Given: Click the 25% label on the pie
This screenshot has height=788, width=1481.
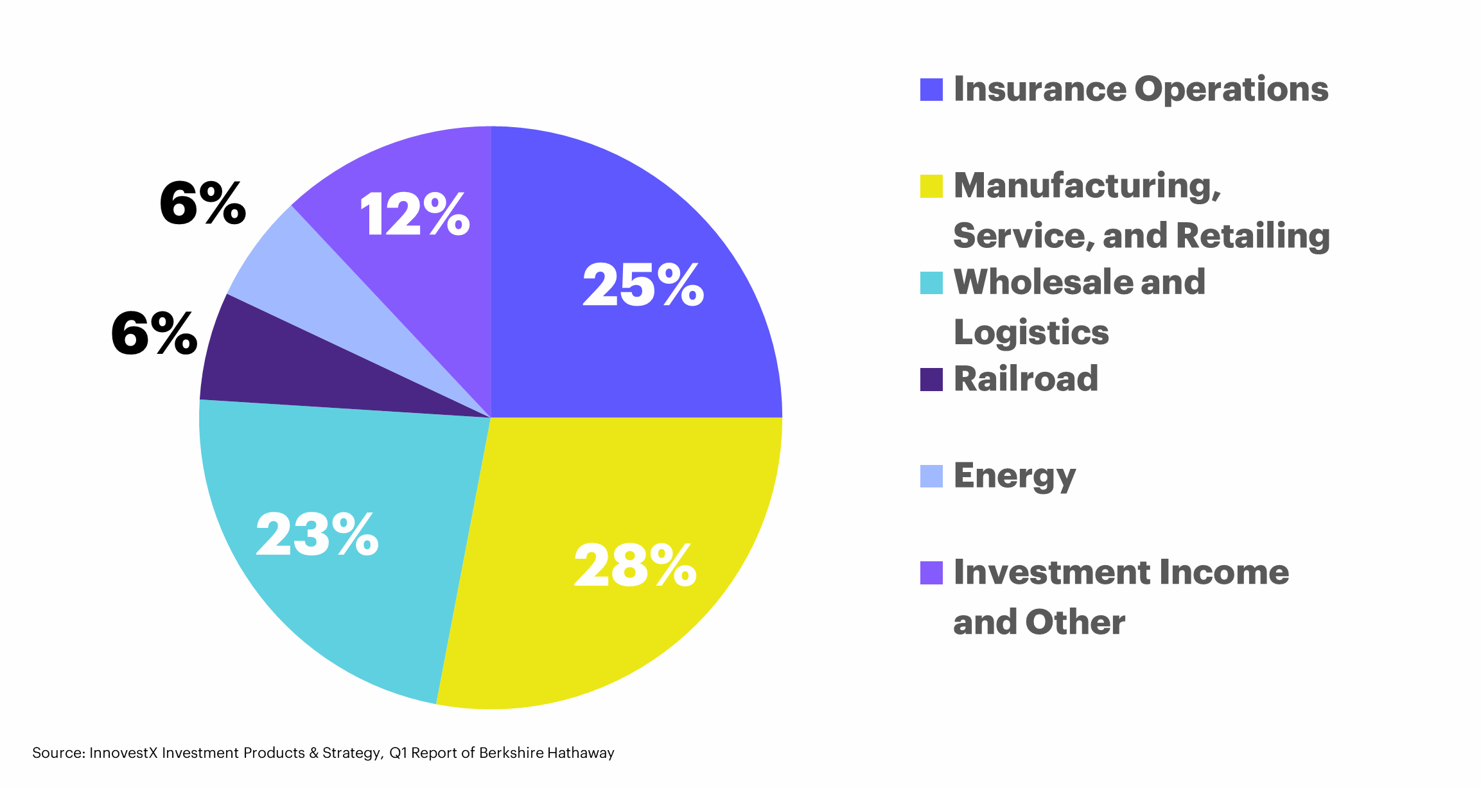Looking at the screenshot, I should tap(643, 285).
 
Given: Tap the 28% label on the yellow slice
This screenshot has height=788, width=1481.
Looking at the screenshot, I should tap(635, 565).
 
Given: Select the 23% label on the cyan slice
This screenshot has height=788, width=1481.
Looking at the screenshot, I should tap(317, 534).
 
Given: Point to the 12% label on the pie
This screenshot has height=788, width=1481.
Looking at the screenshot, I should tap(415, 215).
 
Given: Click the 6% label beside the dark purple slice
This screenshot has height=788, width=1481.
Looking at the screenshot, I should tap(154, 333).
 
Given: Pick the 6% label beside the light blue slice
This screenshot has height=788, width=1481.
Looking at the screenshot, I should tap(202, 204).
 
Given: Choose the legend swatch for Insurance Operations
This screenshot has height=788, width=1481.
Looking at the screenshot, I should tap(931, 90).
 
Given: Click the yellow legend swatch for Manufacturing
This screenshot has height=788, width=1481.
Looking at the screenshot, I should tap(931, 186).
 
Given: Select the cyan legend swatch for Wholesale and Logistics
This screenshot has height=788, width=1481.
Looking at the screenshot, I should tap(931, 283).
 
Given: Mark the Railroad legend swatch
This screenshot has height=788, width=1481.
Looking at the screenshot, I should tap(931, 380).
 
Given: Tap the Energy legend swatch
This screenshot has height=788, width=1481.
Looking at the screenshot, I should tap(931, 476).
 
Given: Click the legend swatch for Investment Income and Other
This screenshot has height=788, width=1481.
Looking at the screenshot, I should tap(931, 573).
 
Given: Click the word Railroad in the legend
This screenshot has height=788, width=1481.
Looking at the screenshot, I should tap(1026, 378).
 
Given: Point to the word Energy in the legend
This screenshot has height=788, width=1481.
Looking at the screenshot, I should tap(1015, 477).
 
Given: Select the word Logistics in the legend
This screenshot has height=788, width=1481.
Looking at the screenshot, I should tap(1031, 333).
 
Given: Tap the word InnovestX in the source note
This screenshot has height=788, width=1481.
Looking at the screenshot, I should tap(123, 753).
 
